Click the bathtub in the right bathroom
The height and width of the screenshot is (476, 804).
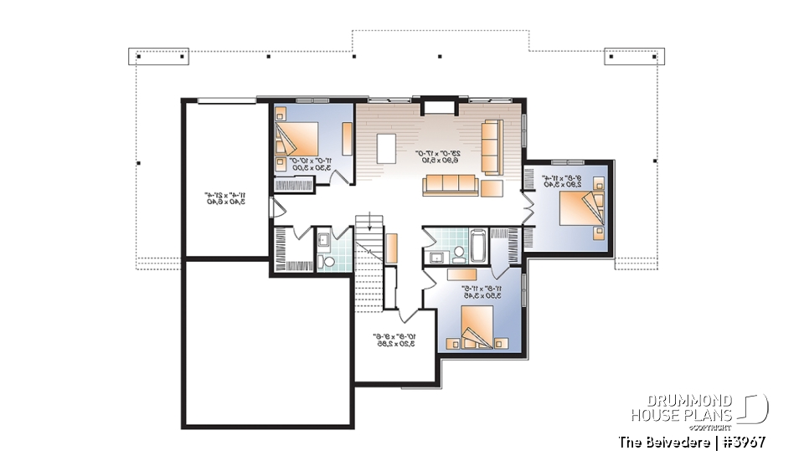[477, 245]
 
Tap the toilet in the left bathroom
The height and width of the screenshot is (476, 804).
[328, 262]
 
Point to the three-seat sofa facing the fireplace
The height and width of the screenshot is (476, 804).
[449, 185]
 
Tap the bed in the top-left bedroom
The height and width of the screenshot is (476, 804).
[300, 141]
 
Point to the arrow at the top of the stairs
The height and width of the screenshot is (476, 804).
[363, 220]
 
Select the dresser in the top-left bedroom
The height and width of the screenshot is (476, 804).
[348, 135]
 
